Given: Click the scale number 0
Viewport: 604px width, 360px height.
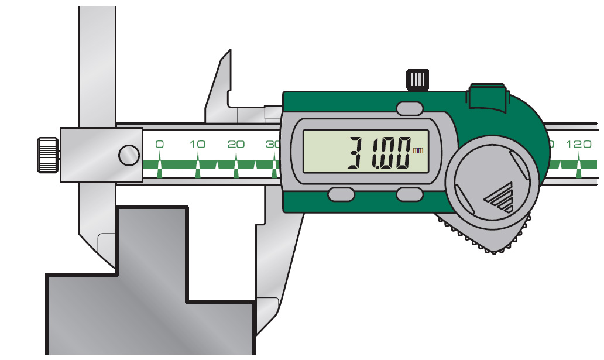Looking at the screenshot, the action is click(159, 144).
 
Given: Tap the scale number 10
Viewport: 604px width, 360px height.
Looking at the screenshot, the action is click(197, 144).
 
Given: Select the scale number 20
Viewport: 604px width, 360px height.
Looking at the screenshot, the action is click(236, 144).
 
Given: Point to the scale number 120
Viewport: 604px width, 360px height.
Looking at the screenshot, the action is click(578, 144).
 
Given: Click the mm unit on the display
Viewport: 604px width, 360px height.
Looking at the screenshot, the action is click(418, 149).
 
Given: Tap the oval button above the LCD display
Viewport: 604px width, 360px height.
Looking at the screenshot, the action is click(410, 109).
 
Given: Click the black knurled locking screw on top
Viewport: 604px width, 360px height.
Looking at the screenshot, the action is click(417, 80).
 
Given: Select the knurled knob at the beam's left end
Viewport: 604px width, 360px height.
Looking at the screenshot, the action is click(48, 155).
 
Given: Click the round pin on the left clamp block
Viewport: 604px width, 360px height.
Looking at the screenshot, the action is click(129, 155).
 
